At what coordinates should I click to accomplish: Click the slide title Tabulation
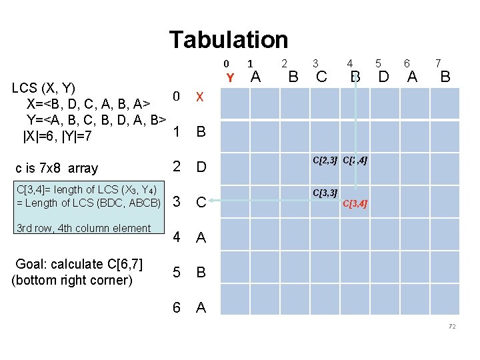tap(228, 40)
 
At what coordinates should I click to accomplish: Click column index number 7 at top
tap(437, 63)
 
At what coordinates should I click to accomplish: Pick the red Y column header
tap(230, 78)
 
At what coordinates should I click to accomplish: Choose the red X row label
tap(199, 97)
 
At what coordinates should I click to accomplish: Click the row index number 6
tap(176, 307)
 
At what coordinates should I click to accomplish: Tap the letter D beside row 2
tap(201, 167)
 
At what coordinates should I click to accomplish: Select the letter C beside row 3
tap(201, 202)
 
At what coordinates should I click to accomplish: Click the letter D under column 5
tap(383, 77)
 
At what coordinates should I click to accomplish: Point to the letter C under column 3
tap(321, 77)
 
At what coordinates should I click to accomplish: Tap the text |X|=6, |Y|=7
tap(57, 137)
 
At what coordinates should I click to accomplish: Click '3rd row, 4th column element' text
tap(83, 229)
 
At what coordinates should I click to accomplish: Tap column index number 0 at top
tap(226, 64)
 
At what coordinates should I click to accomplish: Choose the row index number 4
tap(176, 237)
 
